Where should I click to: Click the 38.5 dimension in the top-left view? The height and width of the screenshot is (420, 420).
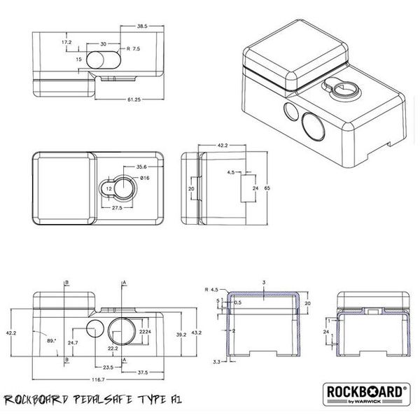pos(142,26)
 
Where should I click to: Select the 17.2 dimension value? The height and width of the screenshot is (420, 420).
pos(67,43)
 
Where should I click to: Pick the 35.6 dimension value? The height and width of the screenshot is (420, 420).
pos(141,167)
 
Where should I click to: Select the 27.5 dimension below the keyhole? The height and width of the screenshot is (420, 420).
pos(118,208)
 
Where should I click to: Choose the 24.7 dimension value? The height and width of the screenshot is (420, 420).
pos(73,344)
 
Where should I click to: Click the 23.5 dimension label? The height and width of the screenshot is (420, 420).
pos(107,366)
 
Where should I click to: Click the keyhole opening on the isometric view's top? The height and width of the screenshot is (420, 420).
pos(342,89)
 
